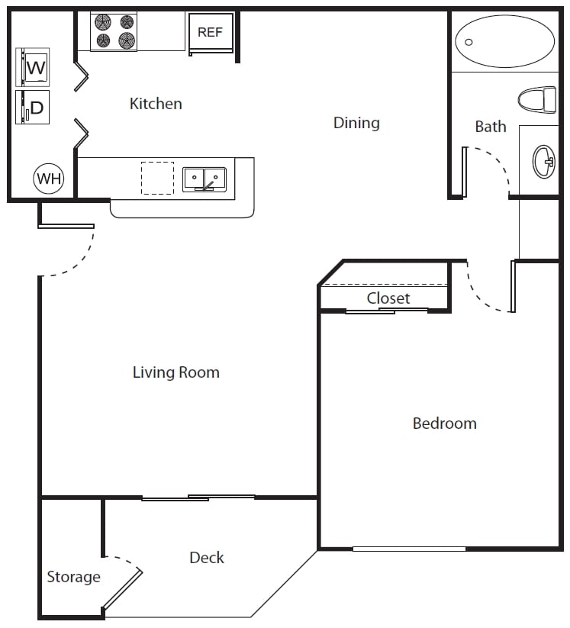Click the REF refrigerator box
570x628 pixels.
point(211,32)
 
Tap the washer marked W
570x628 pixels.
point(33,67)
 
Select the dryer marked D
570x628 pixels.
point(33,108)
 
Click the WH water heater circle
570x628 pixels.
point(49,179)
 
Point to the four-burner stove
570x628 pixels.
point(114,31)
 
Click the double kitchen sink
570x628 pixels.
point(204,179)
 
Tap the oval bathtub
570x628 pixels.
point(504,41)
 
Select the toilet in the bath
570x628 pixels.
point(537,99)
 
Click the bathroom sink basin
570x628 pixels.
point(544,162)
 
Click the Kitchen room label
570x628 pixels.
point(156,104)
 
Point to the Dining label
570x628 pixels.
point(356,123)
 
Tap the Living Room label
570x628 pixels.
point(176,372)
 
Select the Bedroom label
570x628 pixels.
point(445,423)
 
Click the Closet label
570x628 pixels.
point(388,298)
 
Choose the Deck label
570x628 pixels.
point(207,558)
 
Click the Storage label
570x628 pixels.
point(74,577)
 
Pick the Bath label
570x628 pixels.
point(491,127)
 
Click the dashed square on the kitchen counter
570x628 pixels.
point(157,179)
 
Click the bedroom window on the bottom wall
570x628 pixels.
point(409,549)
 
